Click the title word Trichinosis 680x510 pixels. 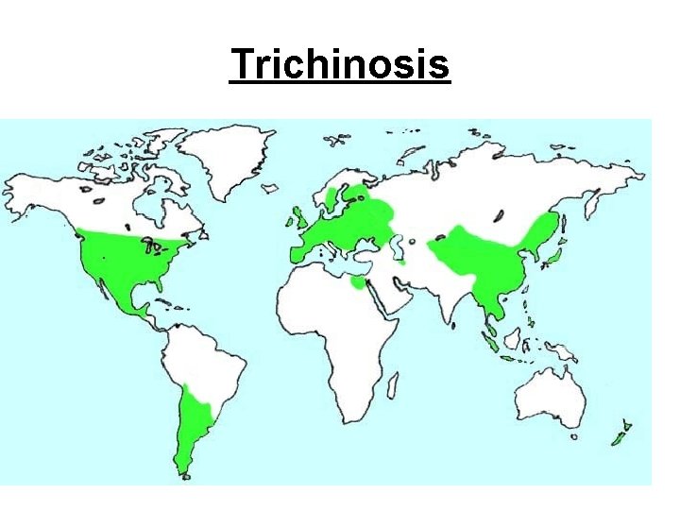(340, 65)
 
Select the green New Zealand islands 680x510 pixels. (620, 435)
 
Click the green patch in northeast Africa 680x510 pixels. (357, 280)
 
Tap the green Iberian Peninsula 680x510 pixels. (299, 251)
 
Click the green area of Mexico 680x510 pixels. (118, 292)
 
